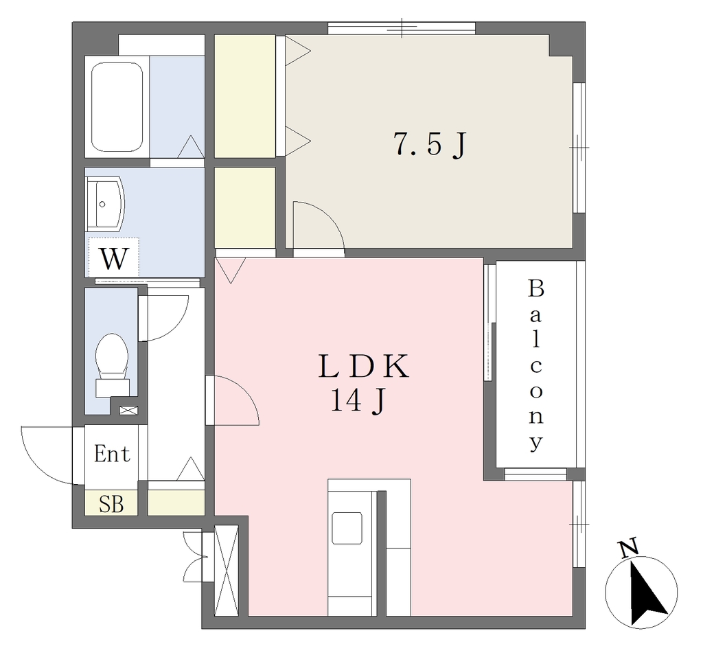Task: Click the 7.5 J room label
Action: pos(430,144)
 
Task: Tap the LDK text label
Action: pos(363,366)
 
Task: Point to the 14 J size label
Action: pos(358,400)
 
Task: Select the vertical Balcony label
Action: pos(536,365)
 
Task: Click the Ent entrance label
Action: pos(112,454)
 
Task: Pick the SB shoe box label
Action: pos(111,503)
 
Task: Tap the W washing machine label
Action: pos(113,258)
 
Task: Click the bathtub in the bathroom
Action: pos(117,106)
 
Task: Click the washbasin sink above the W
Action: pos(104,204)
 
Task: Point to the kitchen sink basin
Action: pos(347,528)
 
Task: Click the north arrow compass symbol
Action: pos(641,592)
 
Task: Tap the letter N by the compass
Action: pos(627,549)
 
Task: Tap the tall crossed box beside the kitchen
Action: pos(226,570)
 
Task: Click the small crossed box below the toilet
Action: pos(128,410)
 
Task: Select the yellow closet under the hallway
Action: pos(176,503)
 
